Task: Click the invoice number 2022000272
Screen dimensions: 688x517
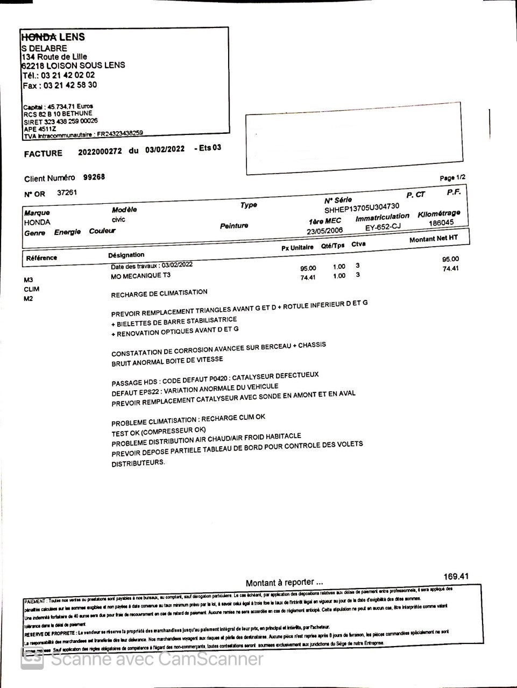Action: coord(100,152)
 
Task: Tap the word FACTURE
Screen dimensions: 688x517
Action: coord(43,154)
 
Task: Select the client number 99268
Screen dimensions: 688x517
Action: coord(94,177)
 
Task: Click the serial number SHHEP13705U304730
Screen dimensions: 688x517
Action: coord(362,207)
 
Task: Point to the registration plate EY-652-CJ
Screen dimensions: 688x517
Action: coord(383,227)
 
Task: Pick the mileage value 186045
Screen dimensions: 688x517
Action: coord(441,223)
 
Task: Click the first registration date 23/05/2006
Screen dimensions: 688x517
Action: coord(324,231)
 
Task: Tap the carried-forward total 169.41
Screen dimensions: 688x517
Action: coord(456,577)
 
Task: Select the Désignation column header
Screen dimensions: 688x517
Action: coord(126,255)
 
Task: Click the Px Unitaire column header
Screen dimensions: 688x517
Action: coord(297,248)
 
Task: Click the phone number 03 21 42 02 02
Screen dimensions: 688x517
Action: coord(68,75)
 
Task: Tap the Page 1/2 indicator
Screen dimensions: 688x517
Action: coord(452,178)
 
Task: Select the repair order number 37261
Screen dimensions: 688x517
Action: coord(67,192)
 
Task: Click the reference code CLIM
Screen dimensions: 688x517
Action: coord(31,289)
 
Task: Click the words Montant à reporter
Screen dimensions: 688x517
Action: coord(284,583)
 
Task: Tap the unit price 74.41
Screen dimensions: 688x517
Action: coord(308,277)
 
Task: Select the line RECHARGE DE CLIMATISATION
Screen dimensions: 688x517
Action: coord(159,293)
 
